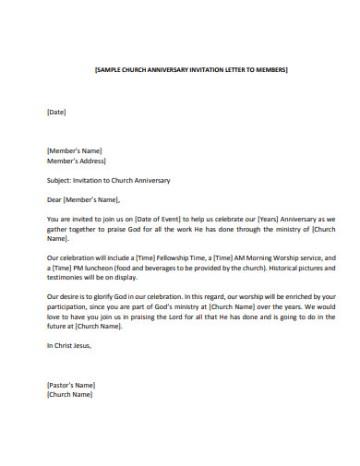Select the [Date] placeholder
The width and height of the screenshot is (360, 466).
[56, 113]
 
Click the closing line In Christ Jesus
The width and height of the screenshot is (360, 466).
[69, 345]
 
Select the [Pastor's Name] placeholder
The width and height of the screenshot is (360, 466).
[71, 385]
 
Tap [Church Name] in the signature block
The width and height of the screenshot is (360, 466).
[70, 394]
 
